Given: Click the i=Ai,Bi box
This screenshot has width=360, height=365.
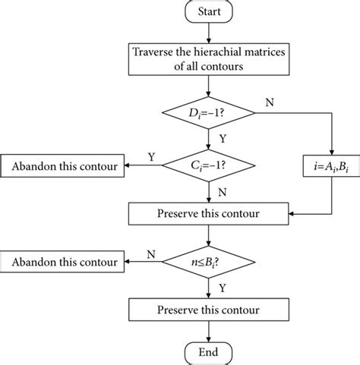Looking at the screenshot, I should (x=333, y=165).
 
